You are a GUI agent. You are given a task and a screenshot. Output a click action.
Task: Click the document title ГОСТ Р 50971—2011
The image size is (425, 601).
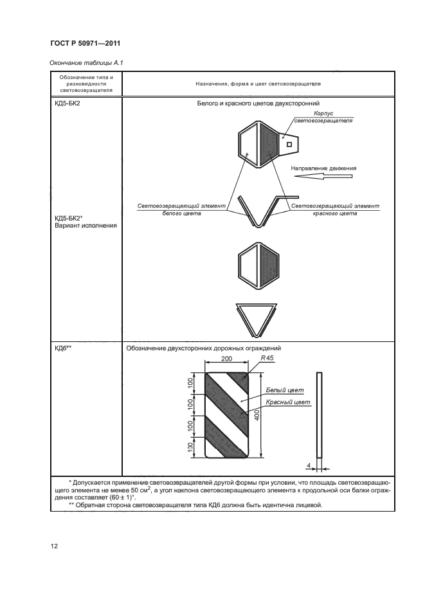point(86,43)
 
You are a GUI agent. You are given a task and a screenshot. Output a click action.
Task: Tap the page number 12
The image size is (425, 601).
point(54,546)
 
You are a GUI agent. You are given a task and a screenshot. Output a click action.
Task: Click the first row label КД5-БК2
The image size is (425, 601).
point(68,103)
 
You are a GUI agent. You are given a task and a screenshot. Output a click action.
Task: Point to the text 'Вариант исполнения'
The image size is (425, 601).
point(86,226)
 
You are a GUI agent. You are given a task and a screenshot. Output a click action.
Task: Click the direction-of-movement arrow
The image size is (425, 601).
point(323,177)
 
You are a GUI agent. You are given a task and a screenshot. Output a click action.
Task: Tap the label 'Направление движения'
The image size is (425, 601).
point(323,168)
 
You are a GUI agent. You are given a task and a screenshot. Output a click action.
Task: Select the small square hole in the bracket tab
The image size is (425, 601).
point(289,144)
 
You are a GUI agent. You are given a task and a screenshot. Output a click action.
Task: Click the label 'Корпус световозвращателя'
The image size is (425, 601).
point(323,117)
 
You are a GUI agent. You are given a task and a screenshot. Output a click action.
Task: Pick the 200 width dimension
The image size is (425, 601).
point(227,359)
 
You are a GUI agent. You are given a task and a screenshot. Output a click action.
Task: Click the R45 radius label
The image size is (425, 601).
point(267,358)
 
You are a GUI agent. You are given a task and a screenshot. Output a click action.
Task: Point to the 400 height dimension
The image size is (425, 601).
point(257,415)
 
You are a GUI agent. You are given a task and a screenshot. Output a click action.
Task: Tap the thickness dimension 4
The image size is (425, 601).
point(309,466)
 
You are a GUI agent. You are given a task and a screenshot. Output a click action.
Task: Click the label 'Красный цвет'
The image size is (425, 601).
point(288,402)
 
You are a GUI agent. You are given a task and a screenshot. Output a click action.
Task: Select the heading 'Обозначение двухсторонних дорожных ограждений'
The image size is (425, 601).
point(203,348)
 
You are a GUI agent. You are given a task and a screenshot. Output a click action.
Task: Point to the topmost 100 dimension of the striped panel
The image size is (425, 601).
point(190,382)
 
